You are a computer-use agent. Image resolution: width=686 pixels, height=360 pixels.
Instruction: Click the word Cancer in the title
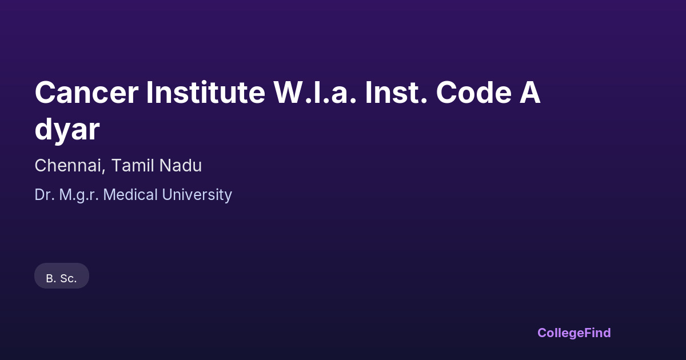click(86, 93)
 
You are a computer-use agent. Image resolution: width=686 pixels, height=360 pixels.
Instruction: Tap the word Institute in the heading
click(205, 93)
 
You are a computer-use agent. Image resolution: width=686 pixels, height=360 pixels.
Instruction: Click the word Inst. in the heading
click(396, 93)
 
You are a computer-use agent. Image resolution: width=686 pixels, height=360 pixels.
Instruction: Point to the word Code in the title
click(473, 93)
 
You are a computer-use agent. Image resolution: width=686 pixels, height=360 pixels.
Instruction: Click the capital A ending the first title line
click(530, 93)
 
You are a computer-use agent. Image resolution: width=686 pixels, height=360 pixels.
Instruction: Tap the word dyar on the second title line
click(67, 130)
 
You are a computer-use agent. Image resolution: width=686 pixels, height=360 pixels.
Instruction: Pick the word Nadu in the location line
click(181, 166)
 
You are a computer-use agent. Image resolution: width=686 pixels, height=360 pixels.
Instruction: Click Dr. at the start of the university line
click(45, 195)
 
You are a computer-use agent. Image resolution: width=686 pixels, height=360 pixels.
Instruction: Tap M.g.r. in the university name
click(79, 195)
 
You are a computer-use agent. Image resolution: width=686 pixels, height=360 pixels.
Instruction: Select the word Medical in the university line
click(130, 195)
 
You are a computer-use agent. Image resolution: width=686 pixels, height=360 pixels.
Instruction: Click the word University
click(197, 195)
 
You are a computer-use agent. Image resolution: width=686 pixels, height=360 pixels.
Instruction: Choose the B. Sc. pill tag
click(62, 276)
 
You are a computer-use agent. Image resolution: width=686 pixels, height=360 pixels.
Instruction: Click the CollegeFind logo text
click(574, 333)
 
